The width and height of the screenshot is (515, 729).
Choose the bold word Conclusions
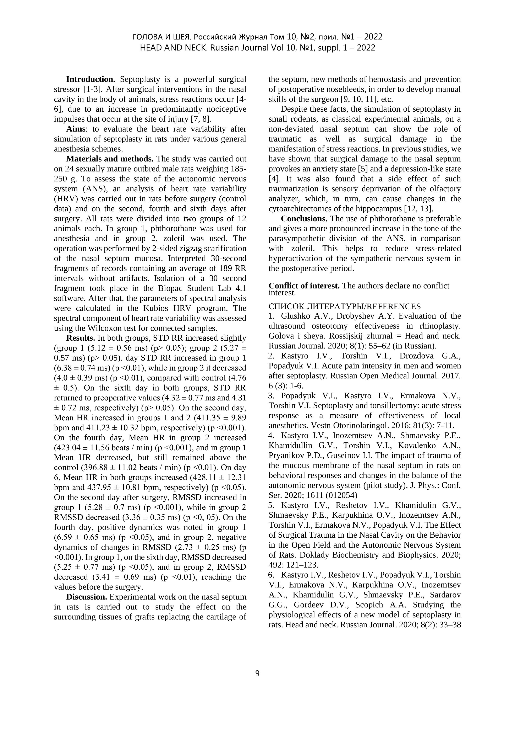pos(304,219)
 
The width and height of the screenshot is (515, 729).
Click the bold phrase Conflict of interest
pos(304,286)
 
